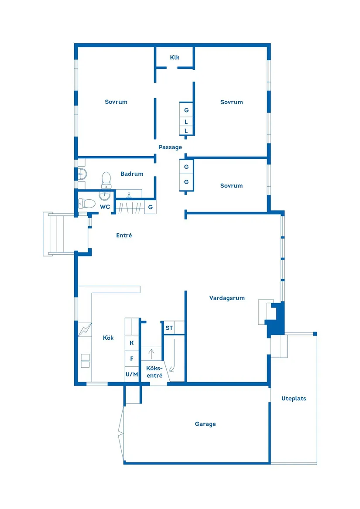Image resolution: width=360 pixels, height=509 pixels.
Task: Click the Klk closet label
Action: (x=175, y=58)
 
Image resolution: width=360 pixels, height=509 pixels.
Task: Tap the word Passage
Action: (x=170, y=147)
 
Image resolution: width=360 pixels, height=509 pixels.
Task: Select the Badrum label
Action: (x=132, y=174)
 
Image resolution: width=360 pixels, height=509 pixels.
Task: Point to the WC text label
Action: (x=105, y=207)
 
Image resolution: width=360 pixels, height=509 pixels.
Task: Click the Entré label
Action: (x=124, y=236)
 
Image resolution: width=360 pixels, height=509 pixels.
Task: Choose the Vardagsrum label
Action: (x=227, y=298)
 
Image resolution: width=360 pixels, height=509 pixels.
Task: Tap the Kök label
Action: (x=108, y=338)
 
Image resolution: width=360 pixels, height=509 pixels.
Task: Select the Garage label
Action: (x=205, y=424)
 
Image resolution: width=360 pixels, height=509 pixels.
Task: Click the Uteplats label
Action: (x=294, y=399)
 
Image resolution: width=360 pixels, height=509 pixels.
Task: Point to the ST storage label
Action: (x=169, y=328)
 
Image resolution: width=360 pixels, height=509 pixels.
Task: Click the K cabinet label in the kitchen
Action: (x=131, y=343)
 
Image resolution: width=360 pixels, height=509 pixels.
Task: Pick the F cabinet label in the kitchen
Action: (x=131, y=359)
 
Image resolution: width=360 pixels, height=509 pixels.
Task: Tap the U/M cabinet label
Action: (x=131, y=374)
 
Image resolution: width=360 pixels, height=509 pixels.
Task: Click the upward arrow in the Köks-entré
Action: (x=151, y=353)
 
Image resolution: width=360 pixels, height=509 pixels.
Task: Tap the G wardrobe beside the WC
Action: (x=150, y=207)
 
